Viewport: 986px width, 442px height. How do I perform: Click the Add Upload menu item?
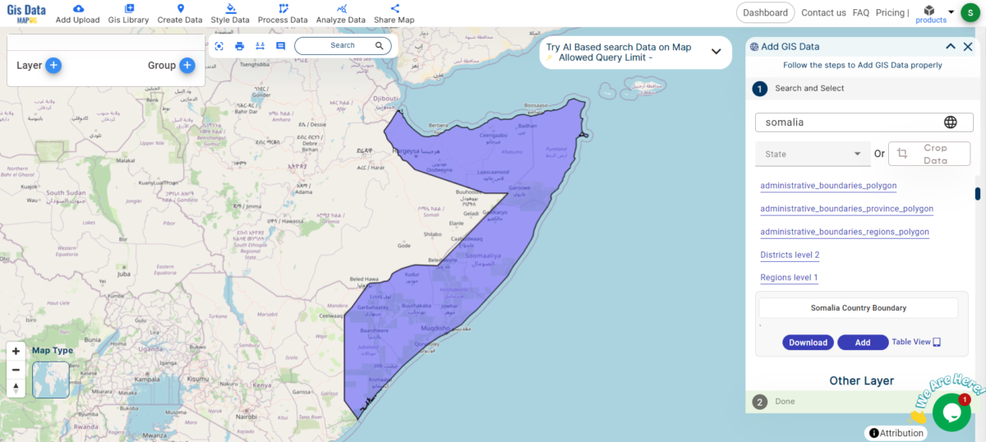point(77,14)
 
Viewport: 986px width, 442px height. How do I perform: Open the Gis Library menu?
point(128,14)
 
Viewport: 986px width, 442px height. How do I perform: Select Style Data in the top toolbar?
point(230,14)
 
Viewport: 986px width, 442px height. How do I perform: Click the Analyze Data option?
point(340,14)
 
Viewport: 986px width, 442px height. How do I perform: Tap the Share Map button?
point(394,14)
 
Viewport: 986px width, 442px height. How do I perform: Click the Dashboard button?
point(765,12)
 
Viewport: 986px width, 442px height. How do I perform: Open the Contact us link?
point(823,13)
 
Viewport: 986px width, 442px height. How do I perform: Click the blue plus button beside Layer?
point(53,66)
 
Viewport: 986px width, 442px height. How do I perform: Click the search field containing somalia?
point(850,122)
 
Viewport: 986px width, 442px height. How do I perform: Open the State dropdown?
point(812,154)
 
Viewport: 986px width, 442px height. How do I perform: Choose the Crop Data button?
point(929,154)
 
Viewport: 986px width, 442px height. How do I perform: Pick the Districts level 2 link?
point(790,255)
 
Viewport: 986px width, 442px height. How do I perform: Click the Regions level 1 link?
point(789,278)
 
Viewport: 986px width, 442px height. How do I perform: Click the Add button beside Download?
point(862,343)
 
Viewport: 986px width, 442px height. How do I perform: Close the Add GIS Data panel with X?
point(967,47)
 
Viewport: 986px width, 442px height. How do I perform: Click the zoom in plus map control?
point(16,352)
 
